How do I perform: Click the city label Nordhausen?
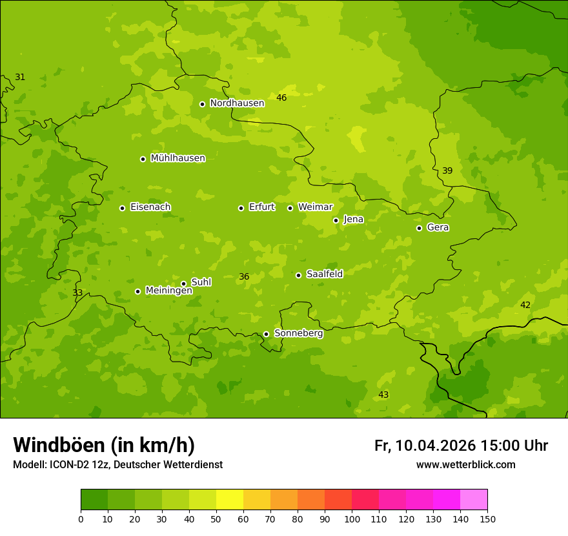click(237, 103)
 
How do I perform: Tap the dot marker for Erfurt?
click(241, 208)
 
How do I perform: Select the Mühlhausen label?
click(177, 158)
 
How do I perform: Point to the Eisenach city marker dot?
click(122, 208)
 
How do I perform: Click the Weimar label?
click(315, 207)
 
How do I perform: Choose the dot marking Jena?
click(336, 220)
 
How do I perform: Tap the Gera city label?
click(438, 227)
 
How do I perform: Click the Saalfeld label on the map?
click(324, 274)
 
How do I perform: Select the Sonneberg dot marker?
click(266, 334)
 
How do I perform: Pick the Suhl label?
click(201, 282)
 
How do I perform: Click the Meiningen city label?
click(168, 291)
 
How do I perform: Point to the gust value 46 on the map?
click(281, 98)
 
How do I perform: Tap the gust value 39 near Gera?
click(447, 170)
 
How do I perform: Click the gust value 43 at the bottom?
click(383, 395)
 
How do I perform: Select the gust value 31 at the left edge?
click(20, 77)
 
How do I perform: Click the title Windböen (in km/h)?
click(104, 445)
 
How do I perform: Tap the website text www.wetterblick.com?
click(465, 465)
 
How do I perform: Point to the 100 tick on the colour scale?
click(352, 519)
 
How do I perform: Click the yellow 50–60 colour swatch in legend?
click(230, 499)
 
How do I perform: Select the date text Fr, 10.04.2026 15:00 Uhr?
click(461, 446)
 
